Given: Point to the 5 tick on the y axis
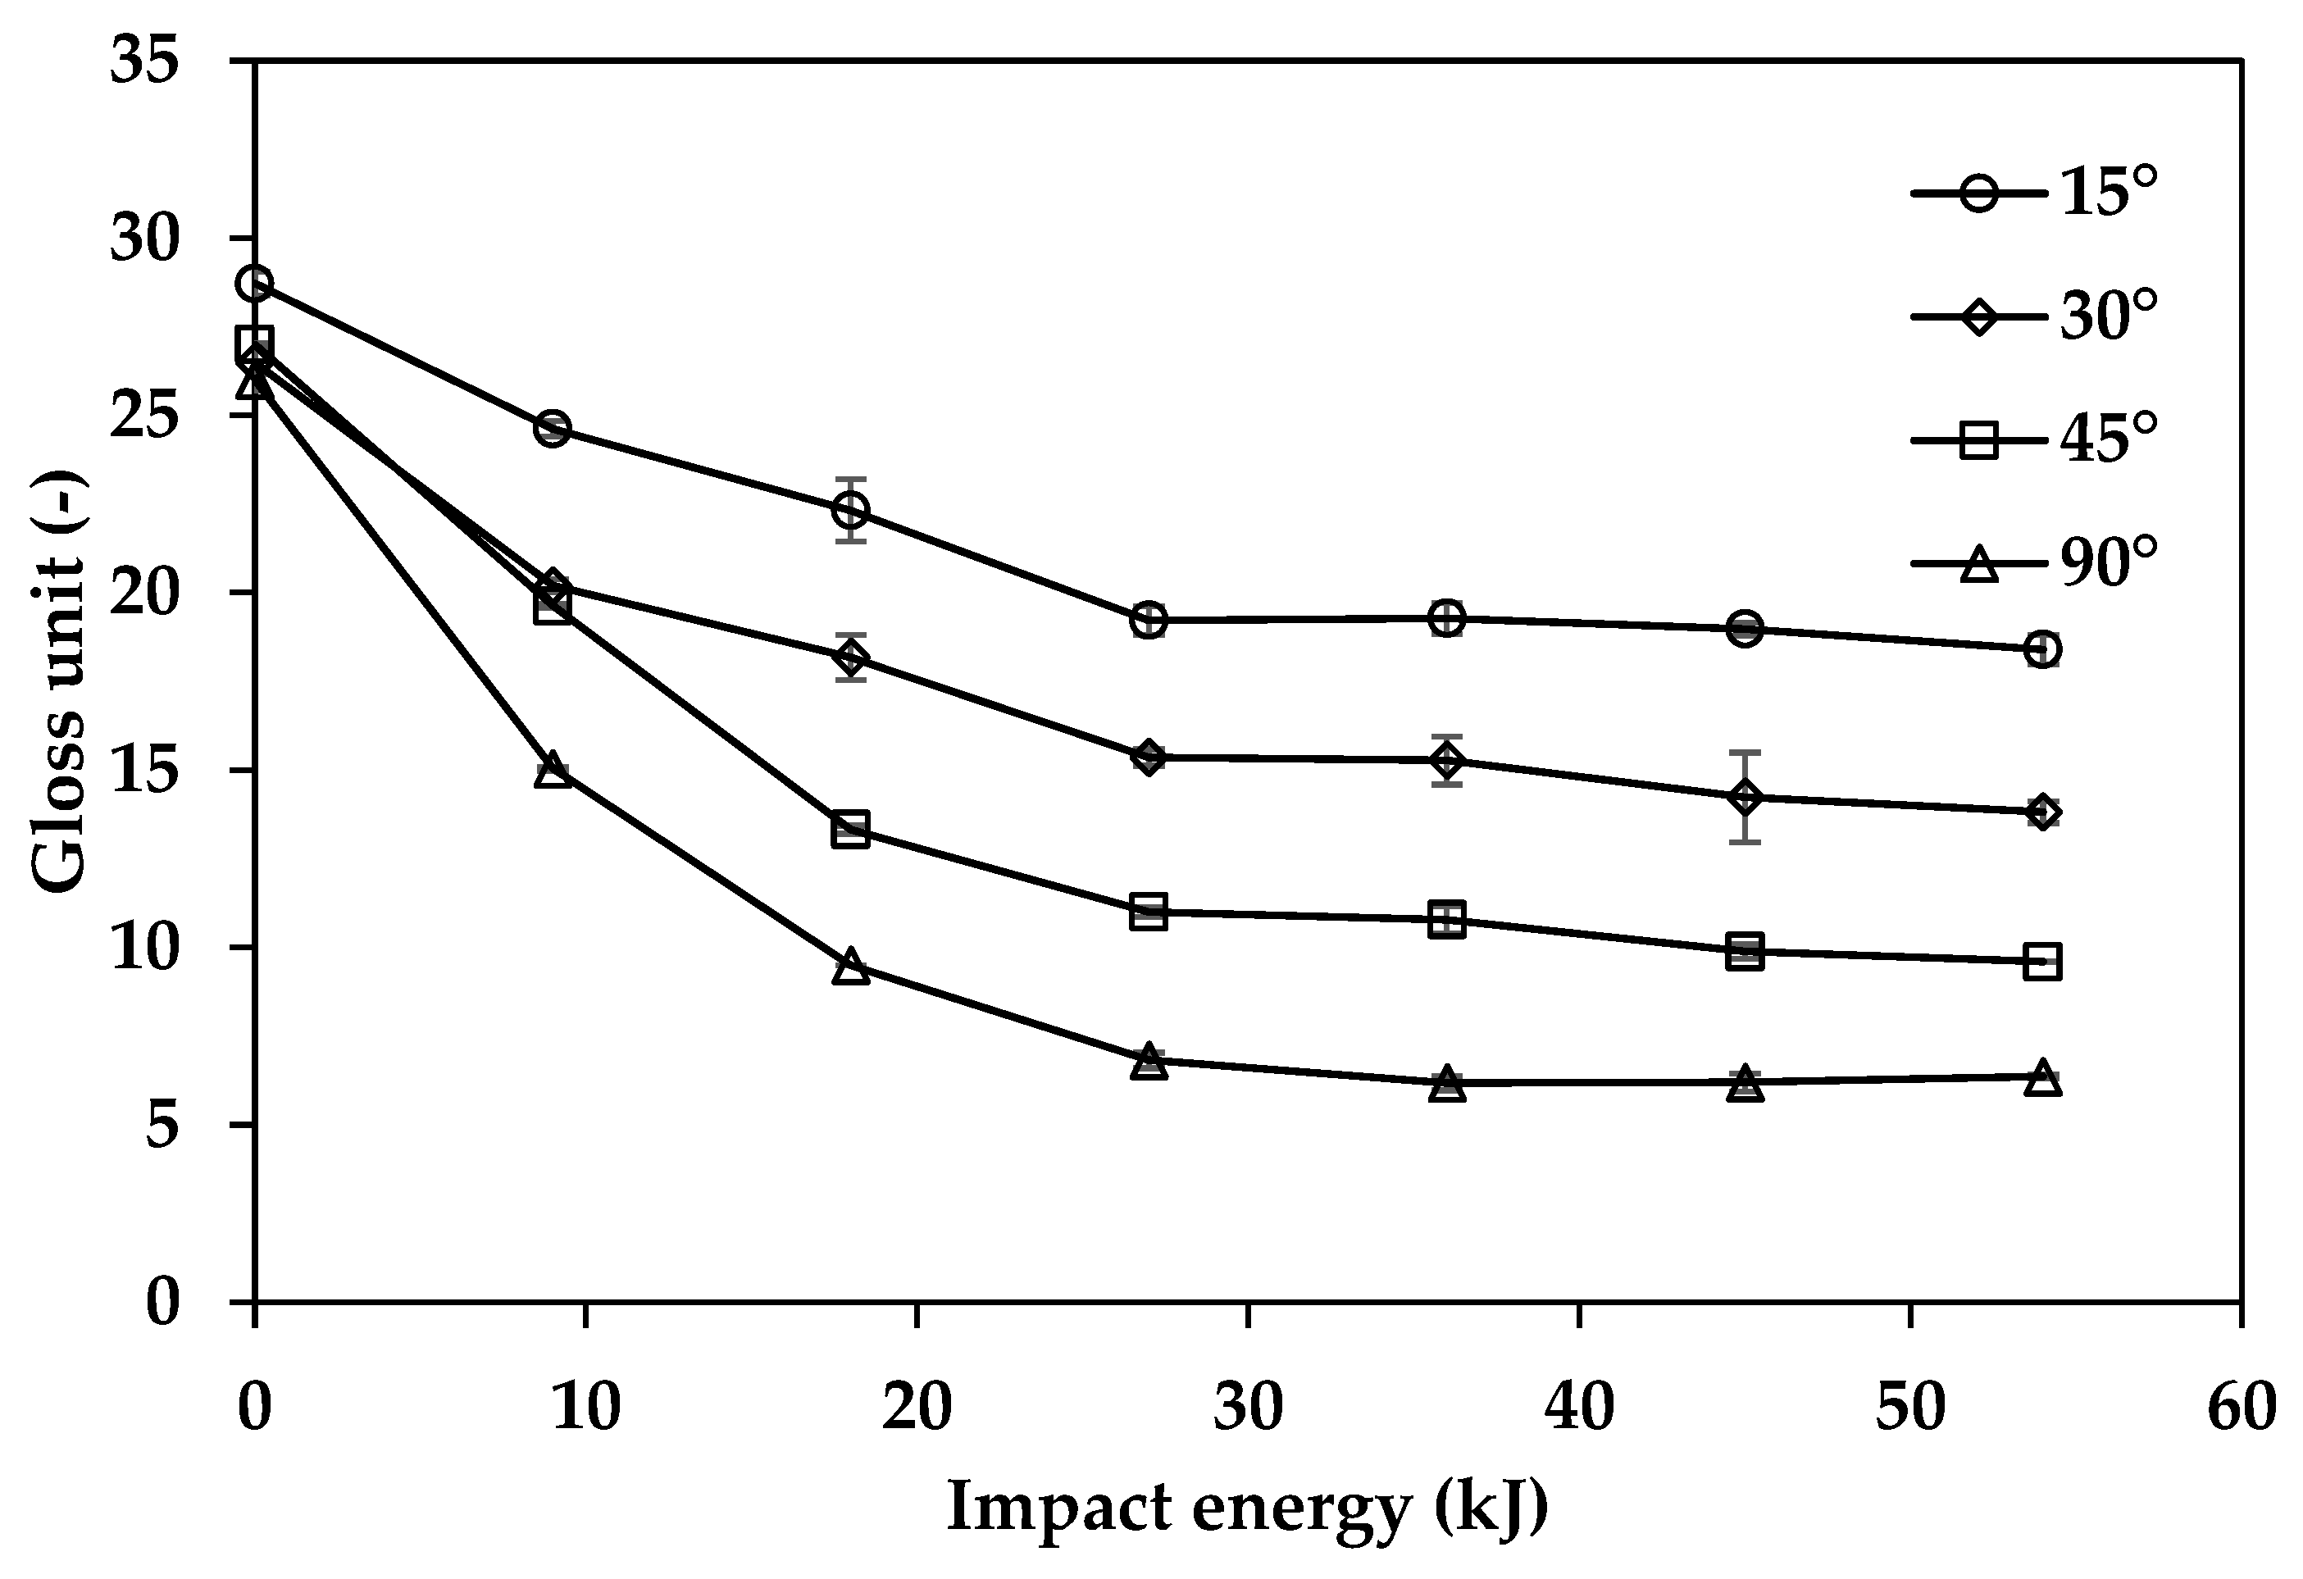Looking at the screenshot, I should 162,1124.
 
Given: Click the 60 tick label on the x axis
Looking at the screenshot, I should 2242,1407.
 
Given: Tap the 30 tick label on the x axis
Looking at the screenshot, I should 1248,1407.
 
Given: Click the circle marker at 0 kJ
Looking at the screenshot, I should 256,284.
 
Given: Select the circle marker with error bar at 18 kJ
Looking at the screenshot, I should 850,509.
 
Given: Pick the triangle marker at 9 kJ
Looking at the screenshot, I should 553,771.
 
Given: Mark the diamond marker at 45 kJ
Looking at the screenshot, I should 1745,797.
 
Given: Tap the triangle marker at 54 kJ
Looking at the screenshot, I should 2042,1077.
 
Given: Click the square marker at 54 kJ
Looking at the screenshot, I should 2042,962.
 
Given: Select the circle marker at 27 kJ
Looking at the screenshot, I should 1149,620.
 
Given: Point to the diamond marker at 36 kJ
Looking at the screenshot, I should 1447,760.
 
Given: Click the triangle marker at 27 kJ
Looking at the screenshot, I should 1149,1062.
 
